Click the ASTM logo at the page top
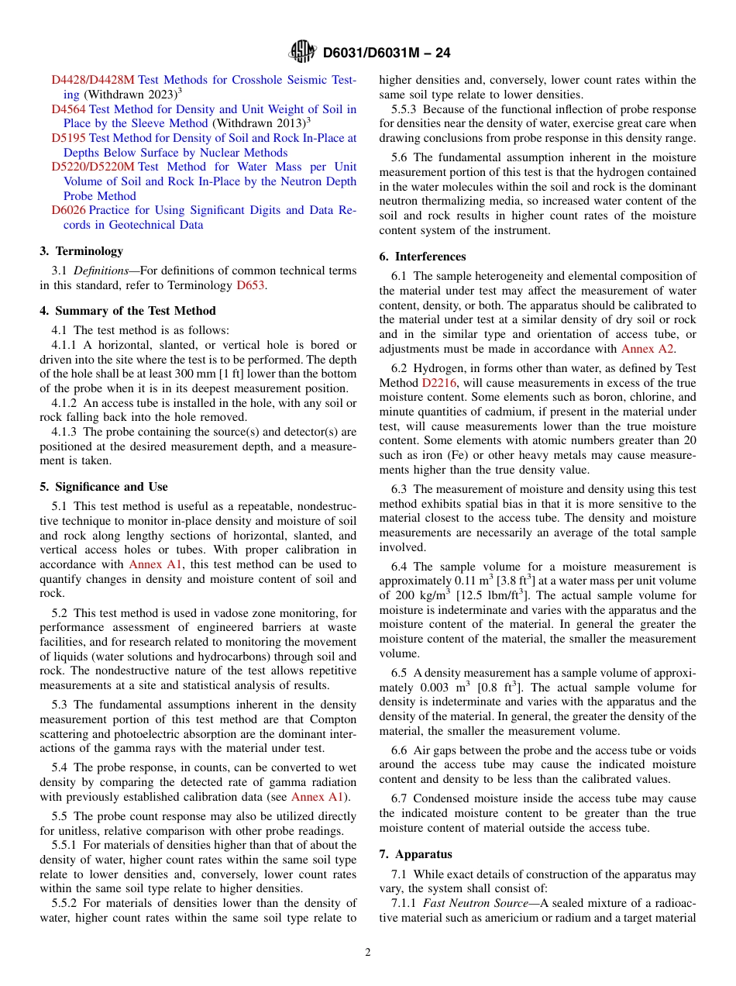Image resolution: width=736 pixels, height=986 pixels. pyautogui.click(x=302, y=52)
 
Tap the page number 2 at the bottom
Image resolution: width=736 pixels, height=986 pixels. pyautogui.click(x=368, y=953)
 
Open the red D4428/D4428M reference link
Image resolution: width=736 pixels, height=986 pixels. pyautogui.click(x=93, y=80)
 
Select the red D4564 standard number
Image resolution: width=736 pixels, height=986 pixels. pyautogui.click(x=69, y=109)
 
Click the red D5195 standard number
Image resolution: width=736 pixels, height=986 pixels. pyautogui.click(x=69, y=138)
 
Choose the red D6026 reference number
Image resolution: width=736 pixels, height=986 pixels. pyautogui.click(x=69, y=210)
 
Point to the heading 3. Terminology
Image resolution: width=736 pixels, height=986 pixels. pyautogui.click(x=81, y=251)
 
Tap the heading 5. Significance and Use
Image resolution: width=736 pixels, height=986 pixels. pyautogui.click(x=104, y=487)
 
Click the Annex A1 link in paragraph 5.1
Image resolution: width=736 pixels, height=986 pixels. pyautogui.click(x=155, y=564)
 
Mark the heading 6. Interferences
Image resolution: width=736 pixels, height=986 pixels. pyautogui.click(x=422, y=257)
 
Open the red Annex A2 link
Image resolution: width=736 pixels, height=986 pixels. pyautogui.click(x=647, y=349)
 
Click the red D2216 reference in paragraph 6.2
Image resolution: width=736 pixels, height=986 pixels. pyautogui.click(x=439, y=383)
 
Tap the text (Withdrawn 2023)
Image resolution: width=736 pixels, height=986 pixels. pyautogui.click(x=130, y=95)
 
